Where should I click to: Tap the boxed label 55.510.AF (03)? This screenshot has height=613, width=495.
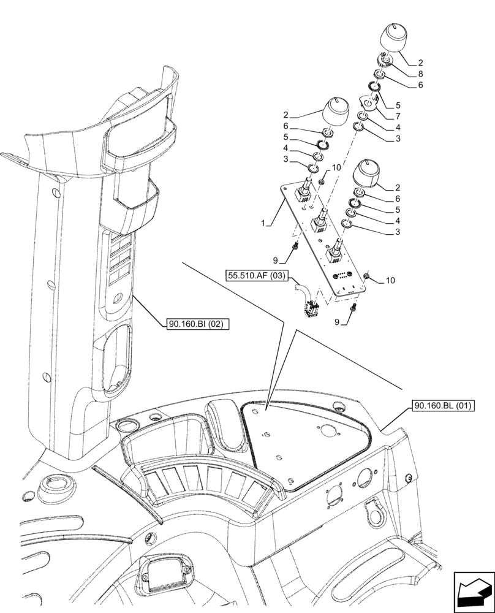click(x=256, y=276)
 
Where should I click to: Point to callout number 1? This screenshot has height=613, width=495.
click(x=263, y=224)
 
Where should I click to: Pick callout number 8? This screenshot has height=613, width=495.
click(x=420, y=74)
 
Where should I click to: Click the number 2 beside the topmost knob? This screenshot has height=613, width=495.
click(x=420, y=63)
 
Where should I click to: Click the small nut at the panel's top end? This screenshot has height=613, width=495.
click(x=322, y=183)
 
